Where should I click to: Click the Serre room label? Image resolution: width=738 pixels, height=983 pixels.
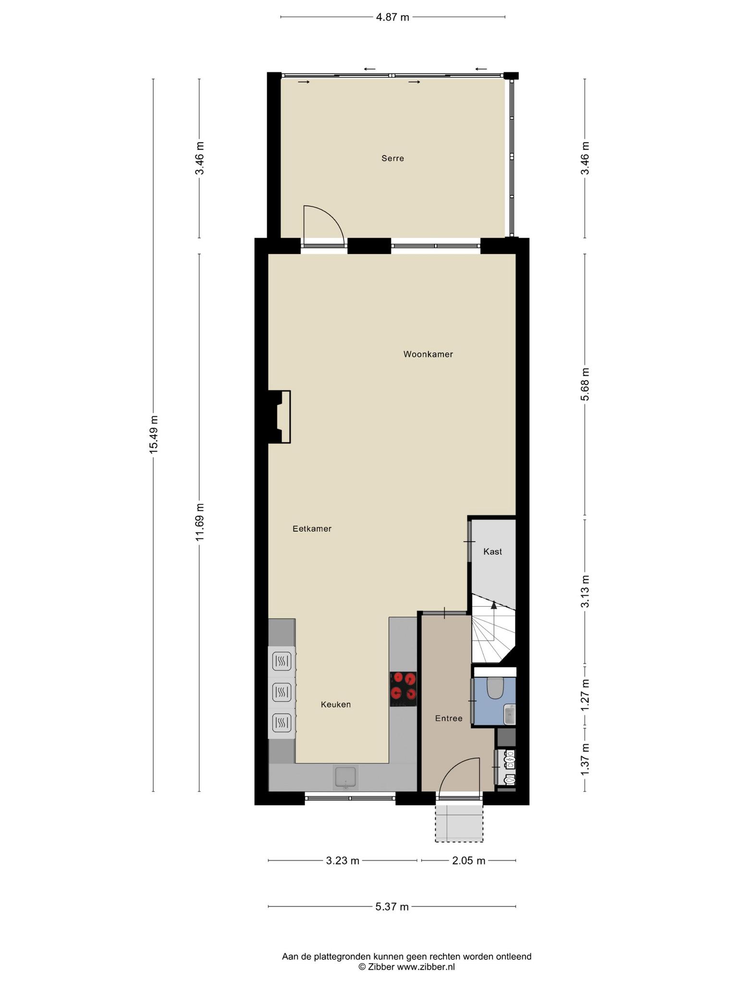(393, 158)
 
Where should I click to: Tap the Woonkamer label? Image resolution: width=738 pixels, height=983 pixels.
(428, 354)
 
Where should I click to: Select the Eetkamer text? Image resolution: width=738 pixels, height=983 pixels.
(312, 528)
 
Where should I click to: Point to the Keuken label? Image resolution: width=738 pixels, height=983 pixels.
(336, 704)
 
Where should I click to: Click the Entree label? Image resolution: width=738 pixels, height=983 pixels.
(449, 718)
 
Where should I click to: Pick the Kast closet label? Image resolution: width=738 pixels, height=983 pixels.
(492, 551)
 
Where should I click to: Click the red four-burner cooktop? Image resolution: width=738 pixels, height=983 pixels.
(403, 689)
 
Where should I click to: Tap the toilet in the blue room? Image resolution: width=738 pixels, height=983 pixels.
(494, 687)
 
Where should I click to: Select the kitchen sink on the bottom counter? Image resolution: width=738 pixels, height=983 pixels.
(345, 778)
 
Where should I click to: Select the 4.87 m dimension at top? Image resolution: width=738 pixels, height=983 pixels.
(393, 18)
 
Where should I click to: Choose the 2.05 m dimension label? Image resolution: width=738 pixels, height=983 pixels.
(468, 861)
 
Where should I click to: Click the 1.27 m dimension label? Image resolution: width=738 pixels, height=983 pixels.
(585, 696)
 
